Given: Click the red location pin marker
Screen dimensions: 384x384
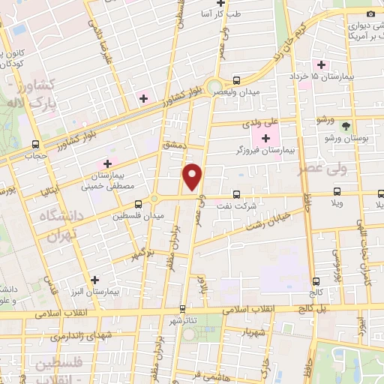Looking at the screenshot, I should pos(193,177).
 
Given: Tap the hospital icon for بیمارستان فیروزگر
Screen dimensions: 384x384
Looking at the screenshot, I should pos(265,138).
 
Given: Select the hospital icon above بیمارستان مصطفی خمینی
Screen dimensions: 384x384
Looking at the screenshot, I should pos(107,163).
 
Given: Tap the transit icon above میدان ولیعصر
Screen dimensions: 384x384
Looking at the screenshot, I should pos(237,80).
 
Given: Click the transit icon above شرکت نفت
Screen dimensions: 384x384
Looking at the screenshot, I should pos(237,193).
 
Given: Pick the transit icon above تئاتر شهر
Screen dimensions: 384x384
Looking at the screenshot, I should pos(181,307).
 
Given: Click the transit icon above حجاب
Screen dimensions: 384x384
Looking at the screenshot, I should pos(35,145).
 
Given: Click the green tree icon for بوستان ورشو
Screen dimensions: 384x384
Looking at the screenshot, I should pos(346,127).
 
